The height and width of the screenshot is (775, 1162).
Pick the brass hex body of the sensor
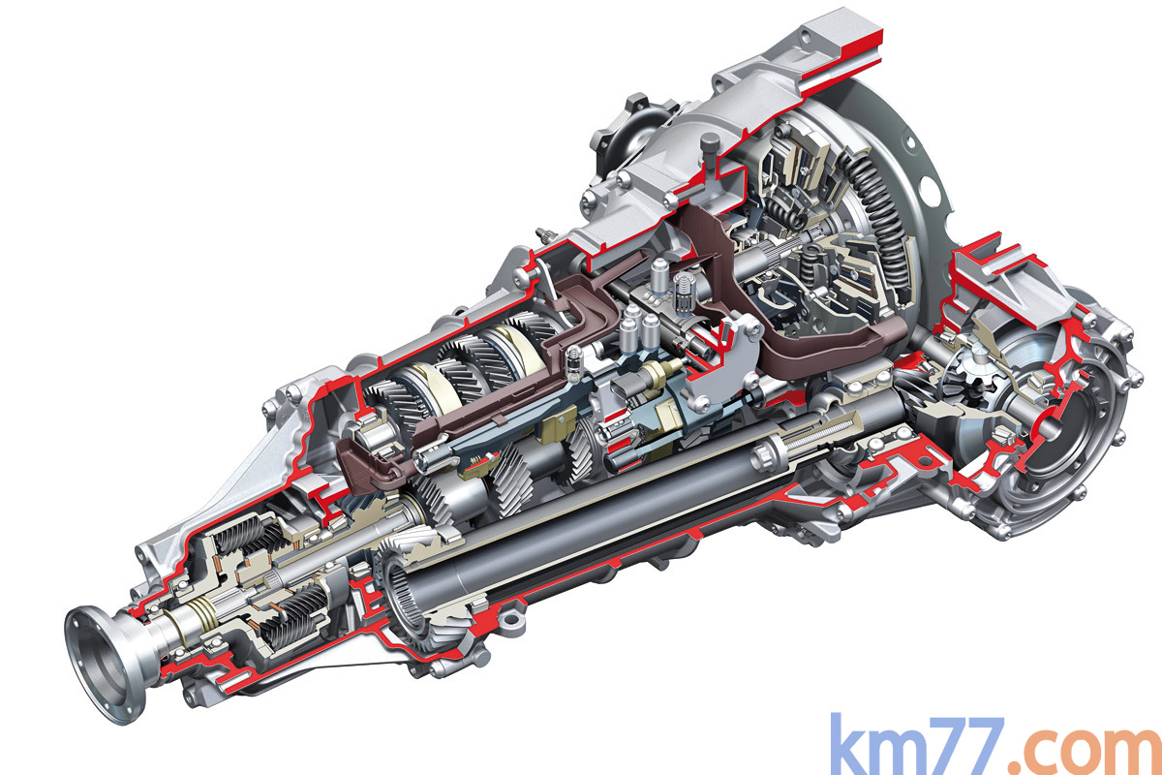[x=658, y=373]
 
